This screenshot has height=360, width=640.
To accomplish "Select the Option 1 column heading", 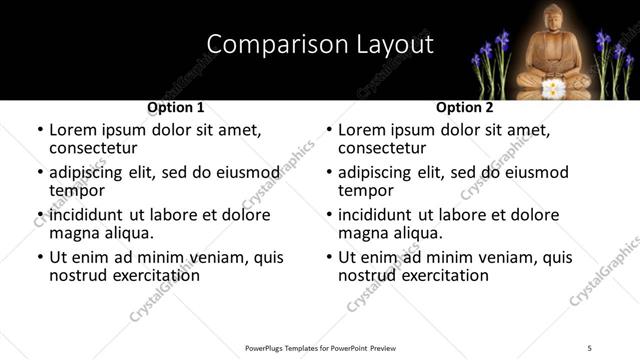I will pos(176,107).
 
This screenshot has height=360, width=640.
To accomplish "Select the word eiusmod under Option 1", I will pos(247,172).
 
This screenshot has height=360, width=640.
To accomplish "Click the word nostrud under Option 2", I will pos(368,275).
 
